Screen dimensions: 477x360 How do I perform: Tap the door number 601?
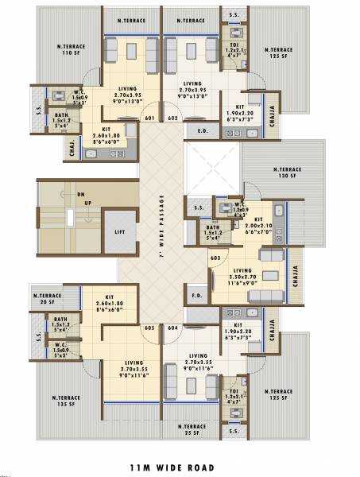149,118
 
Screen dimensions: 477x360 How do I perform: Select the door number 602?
172,118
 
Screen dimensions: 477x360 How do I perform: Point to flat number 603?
215,258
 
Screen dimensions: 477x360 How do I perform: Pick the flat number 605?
149,327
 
